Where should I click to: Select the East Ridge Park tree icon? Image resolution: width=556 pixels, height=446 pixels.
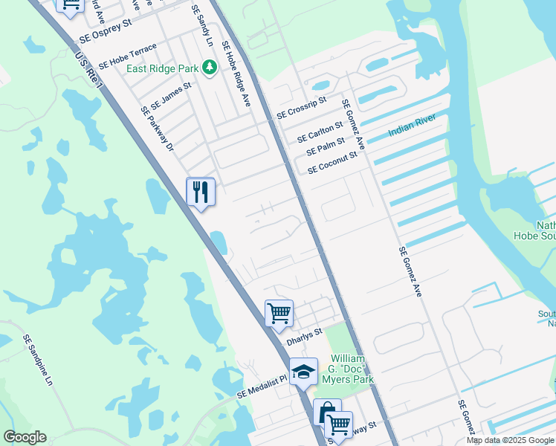pyautogui.click(x=210, y=68)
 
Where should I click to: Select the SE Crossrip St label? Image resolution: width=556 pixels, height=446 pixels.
pyautogui.click(x=302, y=108)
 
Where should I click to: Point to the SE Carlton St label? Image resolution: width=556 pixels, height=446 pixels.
pyautogui.click(x=320, y=132)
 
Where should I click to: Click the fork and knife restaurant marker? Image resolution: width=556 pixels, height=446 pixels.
pyautogui.click(x=201, y=193)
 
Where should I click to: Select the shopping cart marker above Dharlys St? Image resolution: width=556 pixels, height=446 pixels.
pyautogui.click(x=279, y=314)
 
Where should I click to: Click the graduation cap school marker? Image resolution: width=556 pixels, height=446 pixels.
pyautogui.click(x=303, y=372)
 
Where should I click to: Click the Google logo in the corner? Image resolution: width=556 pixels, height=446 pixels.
pyautogui.click(x=25, y=437)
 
